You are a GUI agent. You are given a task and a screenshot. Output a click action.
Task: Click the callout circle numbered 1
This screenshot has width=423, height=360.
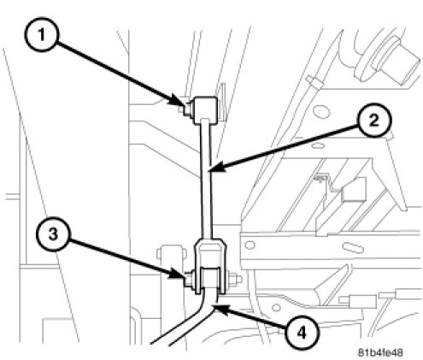[42, 34]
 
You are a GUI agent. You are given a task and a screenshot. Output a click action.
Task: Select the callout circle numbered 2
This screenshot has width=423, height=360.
[374, 120]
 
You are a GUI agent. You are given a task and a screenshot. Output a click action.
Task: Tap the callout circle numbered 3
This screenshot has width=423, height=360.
[53, 234]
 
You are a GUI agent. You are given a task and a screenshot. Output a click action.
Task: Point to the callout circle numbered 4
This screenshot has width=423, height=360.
[302, 332]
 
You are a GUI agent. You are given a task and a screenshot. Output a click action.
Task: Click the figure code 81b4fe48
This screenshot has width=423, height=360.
[380, 352]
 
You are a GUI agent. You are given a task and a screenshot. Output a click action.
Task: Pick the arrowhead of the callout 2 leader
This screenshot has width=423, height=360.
[216, 168]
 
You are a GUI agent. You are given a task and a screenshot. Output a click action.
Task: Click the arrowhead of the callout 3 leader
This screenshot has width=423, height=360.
[177, 274]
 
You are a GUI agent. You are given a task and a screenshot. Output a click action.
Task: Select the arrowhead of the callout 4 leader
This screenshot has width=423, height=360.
[220, 309]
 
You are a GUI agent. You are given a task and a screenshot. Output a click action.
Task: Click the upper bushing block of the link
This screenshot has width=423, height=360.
[205, 110]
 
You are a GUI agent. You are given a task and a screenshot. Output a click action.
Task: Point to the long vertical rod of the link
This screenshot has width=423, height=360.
[206, 180]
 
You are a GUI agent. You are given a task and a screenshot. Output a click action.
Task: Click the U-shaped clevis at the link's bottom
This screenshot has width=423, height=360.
[210, 266]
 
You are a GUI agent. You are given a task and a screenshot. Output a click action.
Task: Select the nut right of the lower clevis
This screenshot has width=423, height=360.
[234, 280]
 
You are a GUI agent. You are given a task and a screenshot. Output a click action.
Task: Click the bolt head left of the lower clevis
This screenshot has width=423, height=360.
[189, 280]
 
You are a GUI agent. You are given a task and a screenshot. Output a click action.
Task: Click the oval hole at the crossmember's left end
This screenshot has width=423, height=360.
[250, 245]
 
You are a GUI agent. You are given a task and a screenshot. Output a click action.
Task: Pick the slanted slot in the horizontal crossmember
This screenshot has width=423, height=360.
[353, 247]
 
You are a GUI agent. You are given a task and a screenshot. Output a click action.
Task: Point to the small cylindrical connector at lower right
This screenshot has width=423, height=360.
[361, 301]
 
